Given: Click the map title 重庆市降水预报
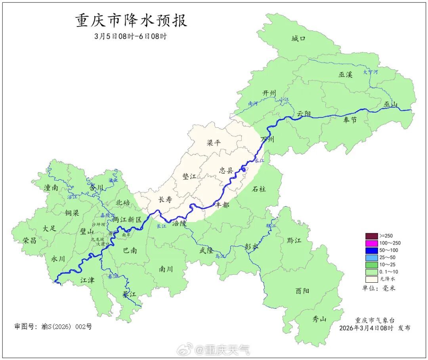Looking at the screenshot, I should [131, 21].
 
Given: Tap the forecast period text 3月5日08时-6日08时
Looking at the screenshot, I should [131, 36].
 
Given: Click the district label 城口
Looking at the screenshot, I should [298, 39].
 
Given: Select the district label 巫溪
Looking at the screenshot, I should [345, 75].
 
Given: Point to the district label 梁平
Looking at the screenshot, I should [214, 143].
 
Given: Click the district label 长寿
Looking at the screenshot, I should [165, 200].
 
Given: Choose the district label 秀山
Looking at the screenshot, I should [319, 318].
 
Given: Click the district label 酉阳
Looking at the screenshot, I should [302, 291].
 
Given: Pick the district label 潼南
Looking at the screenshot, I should [51, 188].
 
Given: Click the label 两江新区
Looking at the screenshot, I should [127, 219].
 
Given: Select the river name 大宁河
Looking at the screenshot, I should [371, 73].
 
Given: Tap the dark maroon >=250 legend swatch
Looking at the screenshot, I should [371, 236].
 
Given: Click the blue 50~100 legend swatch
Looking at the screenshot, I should [371, 250].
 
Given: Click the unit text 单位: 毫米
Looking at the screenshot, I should [378, 288].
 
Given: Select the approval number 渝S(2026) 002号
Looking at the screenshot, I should [53, 327].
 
